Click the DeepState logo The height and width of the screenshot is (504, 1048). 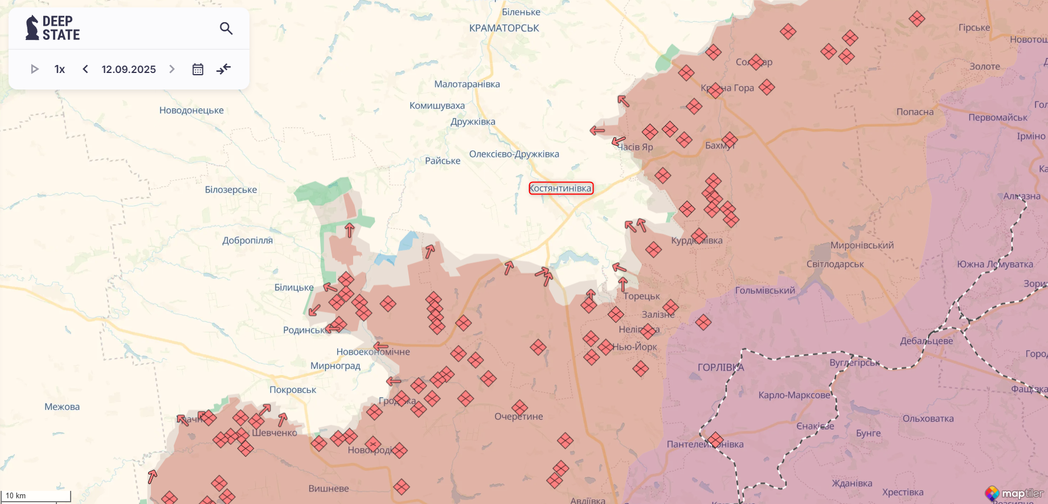coord(52,28)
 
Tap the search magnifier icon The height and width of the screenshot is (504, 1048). coord(226,28)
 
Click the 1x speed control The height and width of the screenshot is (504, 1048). coord(60,69)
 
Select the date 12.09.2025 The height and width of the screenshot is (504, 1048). coord(129,69)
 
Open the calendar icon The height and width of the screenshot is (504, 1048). coord(198,69)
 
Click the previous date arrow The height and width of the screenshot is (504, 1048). coord(85,69)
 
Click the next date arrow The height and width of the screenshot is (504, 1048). coord(172,69)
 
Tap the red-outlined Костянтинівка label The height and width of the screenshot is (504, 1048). coord(561,188)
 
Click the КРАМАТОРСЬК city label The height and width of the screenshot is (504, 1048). coord(504,28)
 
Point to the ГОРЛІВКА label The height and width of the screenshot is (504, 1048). coord(720,367)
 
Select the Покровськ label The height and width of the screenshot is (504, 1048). coord(293,389)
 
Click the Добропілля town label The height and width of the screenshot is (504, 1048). coord(247,240)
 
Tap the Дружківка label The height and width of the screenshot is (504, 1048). coord(473,121)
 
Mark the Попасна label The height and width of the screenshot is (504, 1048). coord(915,112)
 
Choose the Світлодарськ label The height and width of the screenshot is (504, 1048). coord(835,264)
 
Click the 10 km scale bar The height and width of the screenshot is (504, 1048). coord(35,496)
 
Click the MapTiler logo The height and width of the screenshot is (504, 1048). coord(1015,493)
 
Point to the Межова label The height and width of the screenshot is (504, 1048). coord(62,407)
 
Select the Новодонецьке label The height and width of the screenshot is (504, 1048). coord(191,110)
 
